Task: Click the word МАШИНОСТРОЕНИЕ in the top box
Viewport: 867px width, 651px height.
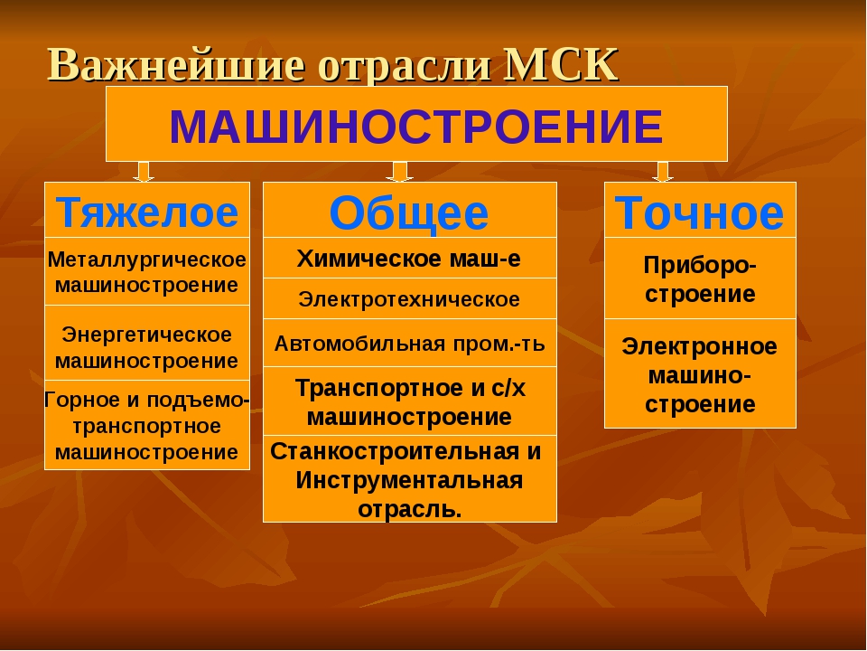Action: click(x=415, y=127)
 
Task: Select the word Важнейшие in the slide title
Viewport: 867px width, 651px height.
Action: click(x=176, y=65)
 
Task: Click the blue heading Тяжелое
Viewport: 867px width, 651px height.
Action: click(x=147, y=212)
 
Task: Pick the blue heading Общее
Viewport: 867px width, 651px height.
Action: click(x=409, y=213)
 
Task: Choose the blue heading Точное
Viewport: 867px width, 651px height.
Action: click(x=699, y=212)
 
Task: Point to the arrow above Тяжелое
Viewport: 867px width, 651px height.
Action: click(x=144, y=172)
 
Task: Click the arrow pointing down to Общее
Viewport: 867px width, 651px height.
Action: click(x=399, y=172)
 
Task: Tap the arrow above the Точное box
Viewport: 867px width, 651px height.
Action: click(x=662, y=172)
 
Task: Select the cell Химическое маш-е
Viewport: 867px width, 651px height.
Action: click(x=410, y=258)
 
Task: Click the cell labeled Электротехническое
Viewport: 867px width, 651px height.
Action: click(x=410, y=299)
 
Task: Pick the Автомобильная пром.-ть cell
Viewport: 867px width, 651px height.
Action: click(x=410, y=344)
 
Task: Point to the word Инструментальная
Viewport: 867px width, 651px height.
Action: click(x=409, y=480)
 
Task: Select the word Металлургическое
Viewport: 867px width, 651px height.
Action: click(x=146, y=259)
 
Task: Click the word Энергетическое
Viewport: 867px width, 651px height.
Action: click(x=146, y=335)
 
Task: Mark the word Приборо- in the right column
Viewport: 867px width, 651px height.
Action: click(x=700, y=266)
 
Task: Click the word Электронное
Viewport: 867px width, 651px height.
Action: click(x=699, y=347)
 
